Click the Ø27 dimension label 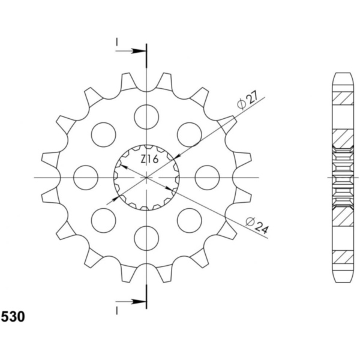click(x=248, y=100)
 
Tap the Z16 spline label click(x=149, y=159)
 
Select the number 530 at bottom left click(x=13, y=317)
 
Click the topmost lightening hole click(x=146, y=117)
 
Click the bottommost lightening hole click(x=146, y=238)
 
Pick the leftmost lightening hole click(x=86, y=178)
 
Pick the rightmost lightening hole click(x=207, y=178)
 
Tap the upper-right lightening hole click(x=190, y=134)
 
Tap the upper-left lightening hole click(x=104, y=134)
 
